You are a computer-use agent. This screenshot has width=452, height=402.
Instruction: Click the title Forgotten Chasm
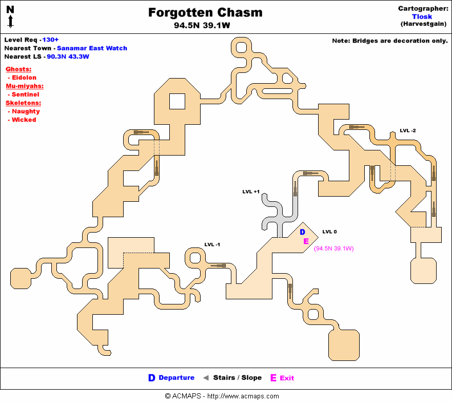[x=205, y=13]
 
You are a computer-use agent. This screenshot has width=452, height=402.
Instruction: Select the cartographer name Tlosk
[x=422, y=16]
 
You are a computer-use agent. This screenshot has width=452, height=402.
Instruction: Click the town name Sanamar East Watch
[x=92, y=48]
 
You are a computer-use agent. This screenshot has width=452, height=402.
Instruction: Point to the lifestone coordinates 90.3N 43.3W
[x=68, y=56]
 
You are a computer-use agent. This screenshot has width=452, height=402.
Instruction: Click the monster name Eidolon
[x=24, y=78]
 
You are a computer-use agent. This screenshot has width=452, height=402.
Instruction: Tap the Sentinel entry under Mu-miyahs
[x=26, y=94]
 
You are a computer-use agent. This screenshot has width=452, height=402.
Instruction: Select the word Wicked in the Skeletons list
[x=24, y=120]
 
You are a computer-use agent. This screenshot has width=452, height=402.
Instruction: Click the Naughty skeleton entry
[x=26, y=111]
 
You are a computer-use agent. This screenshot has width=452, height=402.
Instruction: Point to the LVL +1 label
[x=251, y=192]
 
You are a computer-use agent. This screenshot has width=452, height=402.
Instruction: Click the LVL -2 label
[x=408, y=130]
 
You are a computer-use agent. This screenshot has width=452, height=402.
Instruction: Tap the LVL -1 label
[x=212, y=244]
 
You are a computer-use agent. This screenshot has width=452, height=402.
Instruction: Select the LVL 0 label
[x=329, y=232]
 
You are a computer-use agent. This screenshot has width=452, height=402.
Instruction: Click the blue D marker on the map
[x=303, y=232]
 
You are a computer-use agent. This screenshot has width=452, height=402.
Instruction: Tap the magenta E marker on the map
[x=306, y=241]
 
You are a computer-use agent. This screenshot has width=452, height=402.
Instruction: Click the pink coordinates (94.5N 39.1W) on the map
[x=334, y=248]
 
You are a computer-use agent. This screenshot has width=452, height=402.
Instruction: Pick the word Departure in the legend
[x=176, y=378]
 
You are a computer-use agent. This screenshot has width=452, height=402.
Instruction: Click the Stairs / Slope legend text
[x=237, y=378]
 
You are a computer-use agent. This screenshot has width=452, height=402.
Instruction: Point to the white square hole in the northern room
[x=177, y=101]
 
